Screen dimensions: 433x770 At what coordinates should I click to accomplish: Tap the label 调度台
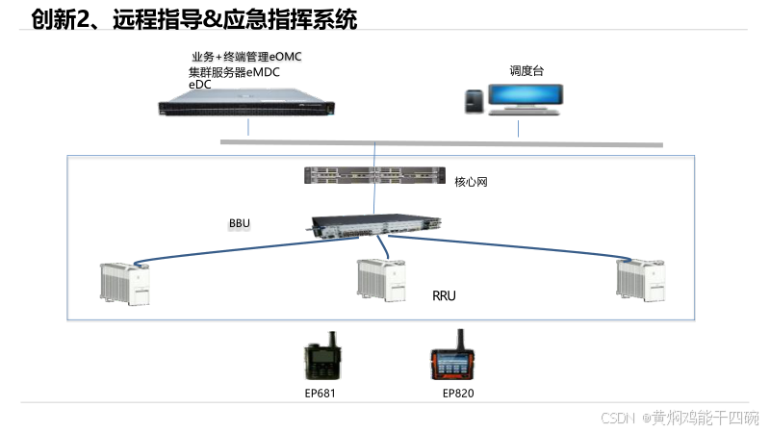(x=527, y=70)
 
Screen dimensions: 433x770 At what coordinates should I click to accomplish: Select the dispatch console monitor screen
(x=526, y=96)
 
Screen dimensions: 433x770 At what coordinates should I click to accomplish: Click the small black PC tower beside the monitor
(x=474, y=101)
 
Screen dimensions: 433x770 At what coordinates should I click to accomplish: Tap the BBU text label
(x=240, y=224)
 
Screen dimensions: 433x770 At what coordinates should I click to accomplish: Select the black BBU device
(x=377, y=224)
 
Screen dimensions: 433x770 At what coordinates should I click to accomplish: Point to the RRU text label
(x=444, y=296)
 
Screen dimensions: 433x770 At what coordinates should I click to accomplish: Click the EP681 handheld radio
(x=321, y=358)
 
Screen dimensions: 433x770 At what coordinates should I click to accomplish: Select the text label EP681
(x=321, y=393)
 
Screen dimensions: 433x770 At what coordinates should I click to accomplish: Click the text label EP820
(x=458, y=393)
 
